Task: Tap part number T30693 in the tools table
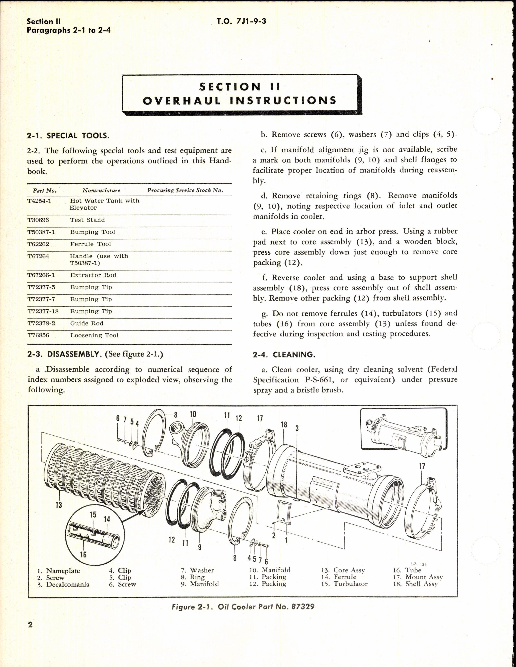[x=38, y=220]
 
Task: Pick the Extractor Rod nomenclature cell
[x=93, y=275]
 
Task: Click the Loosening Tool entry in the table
[x=94, y=335]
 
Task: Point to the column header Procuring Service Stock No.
[x=185, y=190]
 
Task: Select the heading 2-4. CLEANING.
[x=284, y=355]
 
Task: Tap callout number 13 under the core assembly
[x=59, y=505]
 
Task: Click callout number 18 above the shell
[x=284, y=425]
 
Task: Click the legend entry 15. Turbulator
[x=344, y=584]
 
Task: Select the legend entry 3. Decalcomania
[x=63, y=584]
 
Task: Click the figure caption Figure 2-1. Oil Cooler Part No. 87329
[x=243, y=606]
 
